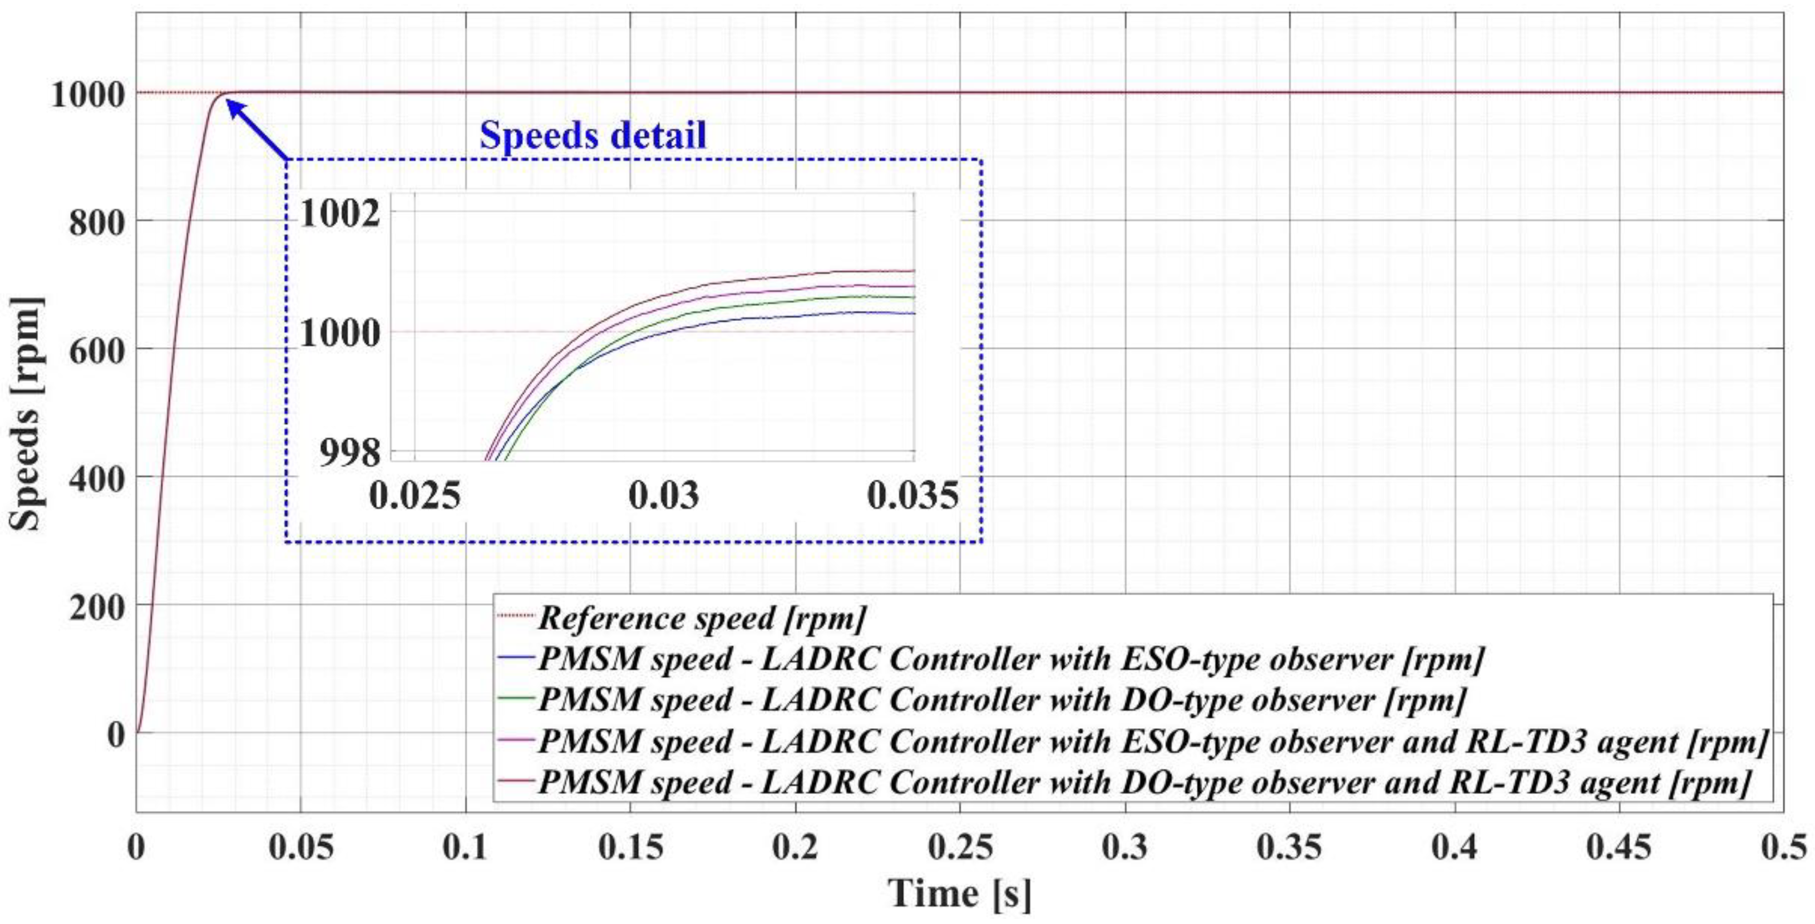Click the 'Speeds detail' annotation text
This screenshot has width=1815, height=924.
pyautogui.click(x=593, y=135)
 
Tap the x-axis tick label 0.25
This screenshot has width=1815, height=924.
pyautogui.click(x=960, y=847)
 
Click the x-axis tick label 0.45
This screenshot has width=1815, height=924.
pyautogui.click(x=1619, y=847)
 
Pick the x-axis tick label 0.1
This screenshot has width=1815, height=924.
pyautogui.click(x=466, y=847)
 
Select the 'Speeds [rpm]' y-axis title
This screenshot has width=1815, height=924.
pyautogui.click(x=27, y=414)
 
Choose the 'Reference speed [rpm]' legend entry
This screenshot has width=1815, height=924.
pyautogui.click(x=701, y=619)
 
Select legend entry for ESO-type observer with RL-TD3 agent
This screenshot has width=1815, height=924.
pyautogui.click(x=1151, y=742)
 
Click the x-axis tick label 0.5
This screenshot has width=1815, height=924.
pyautogui.click(x=1783, y=847)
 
